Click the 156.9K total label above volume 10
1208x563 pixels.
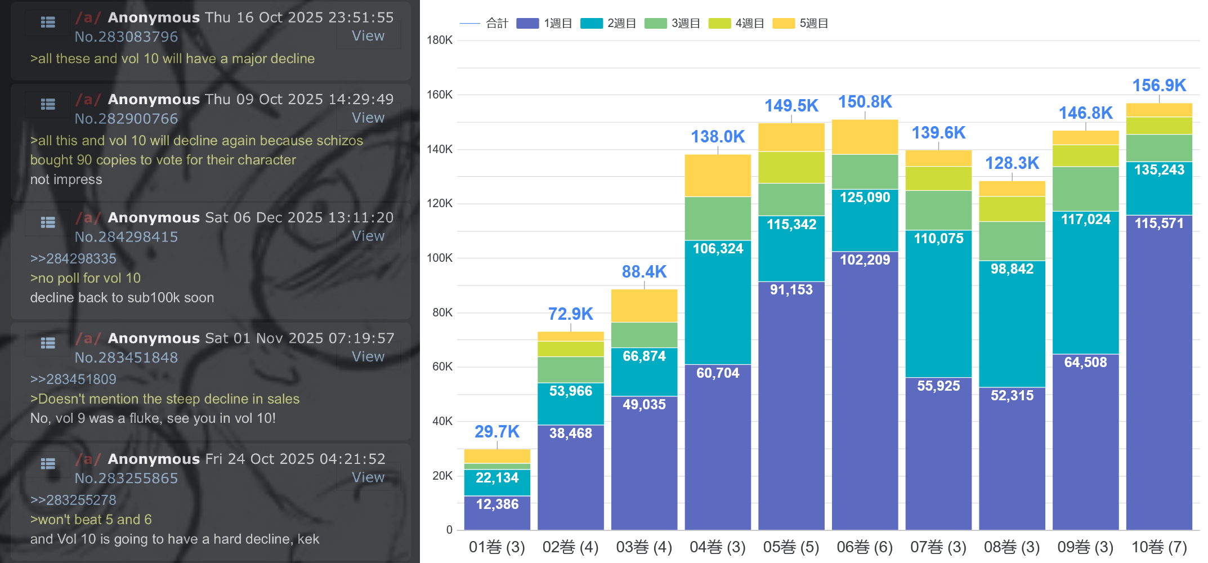(x=1158, y=86)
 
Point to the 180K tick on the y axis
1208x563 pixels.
(x=440, y=40)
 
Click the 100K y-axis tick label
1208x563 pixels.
(x=440, y=258)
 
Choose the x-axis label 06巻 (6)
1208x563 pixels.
(x=865, y=547)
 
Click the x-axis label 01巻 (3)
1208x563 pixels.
(x=496, y=547)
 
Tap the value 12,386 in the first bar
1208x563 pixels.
(x=497, y=504)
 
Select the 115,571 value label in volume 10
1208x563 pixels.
(x=1158, y=224)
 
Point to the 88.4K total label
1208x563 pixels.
(x=644, y=272)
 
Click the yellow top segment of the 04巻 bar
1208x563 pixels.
(x=718, y=176)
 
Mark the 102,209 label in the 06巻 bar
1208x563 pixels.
(x=865, y=260)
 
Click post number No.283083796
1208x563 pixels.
(x=127, y=37)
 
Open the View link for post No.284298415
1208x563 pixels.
(x=368, y=236)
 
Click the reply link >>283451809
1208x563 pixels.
(x=73, y=379)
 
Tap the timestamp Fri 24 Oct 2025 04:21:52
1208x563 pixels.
(x=296, y=459)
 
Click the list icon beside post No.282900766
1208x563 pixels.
(x=48, y=104)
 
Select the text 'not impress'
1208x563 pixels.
(x=66, y=180)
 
